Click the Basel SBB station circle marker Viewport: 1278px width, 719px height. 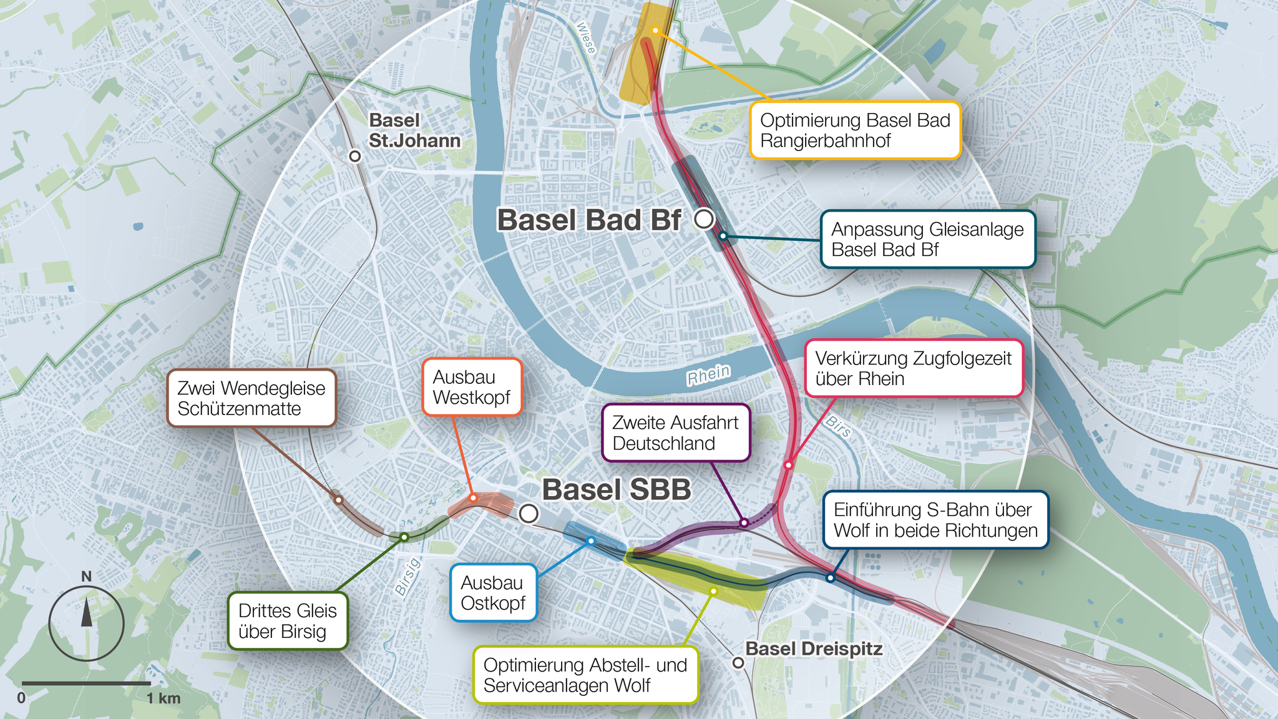coord(529,514)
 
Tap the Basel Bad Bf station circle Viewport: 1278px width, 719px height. coord(704,219)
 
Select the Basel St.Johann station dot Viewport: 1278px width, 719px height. coord(355,156)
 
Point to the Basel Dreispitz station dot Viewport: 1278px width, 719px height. coord(738,662)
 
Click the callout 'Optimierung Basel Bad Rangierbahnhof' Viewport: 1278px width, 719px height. coord(855,130)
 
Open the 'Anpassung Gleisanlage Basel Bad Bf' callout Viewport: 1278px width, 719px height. coord(927,240)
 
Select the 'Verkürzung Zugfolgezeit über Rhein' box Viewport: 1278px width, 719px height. coord(914,368)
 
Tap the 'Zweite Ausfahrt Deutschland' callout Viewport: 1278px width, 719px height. coord(675,433)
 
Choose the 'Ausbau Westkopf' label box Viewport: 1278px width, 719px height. coord(472,387)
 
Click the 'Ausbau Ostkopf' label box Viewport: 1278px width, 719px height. coord(493,593)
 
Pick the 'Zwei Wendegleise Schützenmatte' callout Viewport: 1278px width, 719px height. coord(251,398)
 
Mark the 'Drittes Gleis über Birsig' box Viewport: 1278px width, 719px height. coord(288,621)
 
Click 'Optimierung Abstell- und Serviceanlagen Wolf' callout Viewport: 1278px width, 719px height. coord(585,675)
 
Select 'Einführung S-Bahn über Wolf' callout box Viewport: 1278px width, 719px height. coord(935,520)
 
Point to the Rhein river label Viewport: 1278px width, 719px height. coord(708,375)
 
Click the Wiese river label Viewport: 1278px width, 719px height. coord(586,37)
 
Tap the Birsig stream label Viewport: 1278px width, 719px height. coord(408,577)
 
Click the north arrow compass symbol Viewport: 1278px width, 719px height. coord(86,622)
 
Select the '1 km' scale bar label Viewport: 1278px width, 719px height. coord(163,698)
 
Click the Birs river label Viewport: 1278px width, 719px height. coord(838,427)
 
